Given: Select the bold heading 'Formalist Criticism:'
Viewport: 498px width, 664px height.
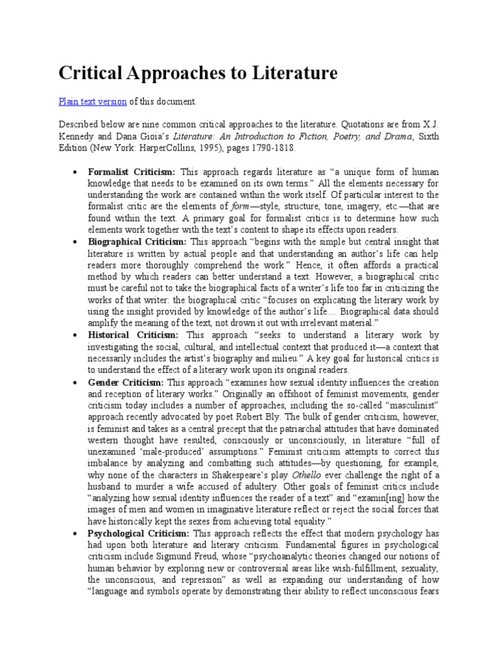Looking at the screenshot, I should click(132, 172).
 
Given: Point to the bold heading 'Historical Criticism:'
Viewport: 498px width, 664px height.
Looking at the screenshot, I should click(134, 335).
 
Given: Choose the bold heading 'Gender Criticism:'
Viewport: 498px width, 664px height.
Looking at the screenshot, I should click(126, 382).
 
